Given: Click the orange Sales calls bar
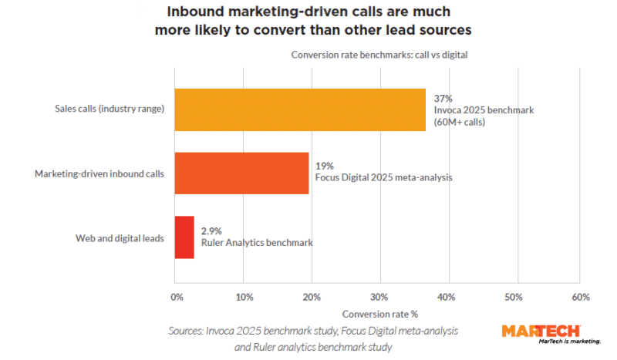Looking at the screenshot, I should (299, 109).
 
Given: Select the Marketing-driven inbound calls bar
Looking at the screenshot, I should (241, 173).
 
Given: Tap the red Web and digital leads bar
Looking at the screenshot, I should (184, 237).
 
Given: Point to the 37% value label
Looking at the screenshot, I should (443, 99).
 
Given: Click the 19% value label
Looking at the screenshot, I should (324, 165).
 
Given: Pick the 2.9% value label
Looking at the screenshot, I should (212, 230).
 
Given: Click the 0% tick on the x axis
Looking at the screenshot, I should (176, 297).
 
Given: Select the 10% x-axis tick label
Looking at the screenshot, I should (244, 297).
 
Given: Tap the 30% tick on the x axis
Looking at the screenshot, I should (379, 297).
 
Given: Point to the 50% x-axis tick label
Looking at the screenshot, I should (514, 297).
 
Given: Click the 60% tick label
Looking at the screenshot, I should (581, 297).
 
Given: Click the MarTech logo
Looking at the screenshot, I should (551, 333).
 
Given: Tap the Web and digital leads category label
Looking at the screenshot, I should (122, 238).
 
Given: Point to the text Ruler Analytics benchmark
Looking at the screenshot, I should (256, 243).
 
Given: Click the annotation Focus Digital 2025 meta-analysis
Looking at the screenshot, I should (383, 177).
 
